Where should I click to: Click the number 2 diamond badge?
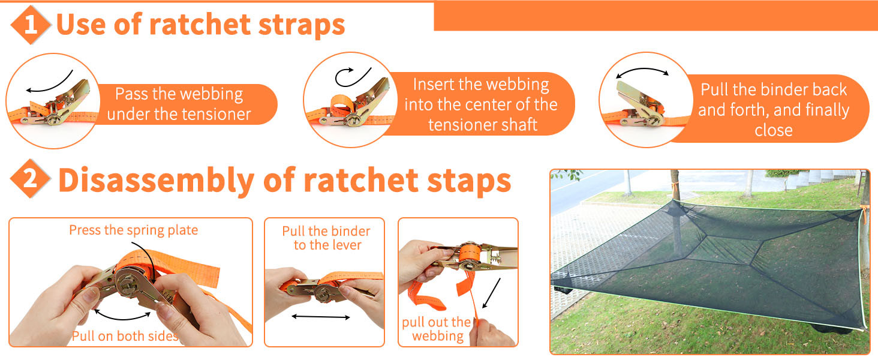(30, 179)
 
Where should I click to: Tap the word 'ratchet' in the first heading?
(200, 25)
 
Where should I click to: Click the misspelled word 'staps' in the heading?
(469, 181)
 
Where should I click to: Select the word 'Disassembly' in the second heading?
(157, 181)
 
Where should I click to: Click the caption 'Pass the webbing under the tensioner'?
(179, 104)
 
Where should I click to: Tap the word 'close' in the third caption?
(773, 130)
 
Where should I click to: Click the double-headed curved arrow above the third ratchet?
(642, 70)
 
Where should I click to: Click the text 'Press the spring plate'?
(133, 230)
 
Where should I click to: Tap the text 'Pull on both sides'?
(125, 336)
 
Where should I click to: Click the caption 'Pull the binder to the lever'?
(326, 238)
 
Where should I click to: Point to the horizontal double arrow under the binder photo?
(321, 317)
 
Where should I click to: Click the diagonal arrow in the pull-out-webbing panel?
(491, 293)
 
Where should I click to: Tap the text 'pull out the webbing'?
(437, 329)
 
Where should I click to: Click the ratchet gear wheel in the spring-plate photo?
(130, 283)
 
